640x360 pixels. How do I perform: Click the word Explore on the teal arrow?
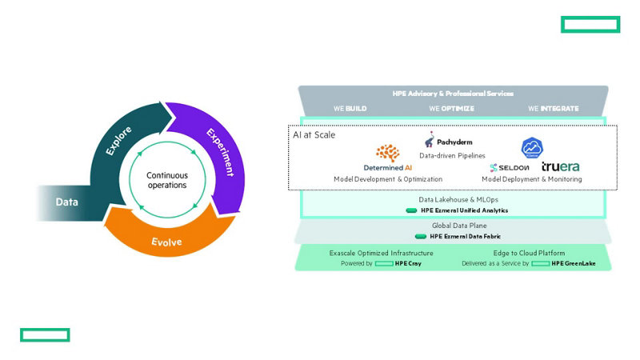click(x=119, y=140)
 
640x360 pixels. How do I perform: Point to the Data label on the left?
click(x=67, y=202)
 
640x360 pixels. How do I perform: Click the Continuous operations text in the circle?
click(x=166, y=180)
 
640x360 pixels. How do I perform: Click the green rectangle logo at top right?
click(x=590, y=24)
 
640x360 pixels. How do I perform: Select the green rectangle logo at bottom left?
click(x=45, y=334)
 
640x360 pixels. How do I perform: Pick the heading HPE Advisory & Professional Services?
click(x=453, y=94)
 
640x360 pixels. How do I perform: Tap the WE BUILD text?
click(x=350, y=108)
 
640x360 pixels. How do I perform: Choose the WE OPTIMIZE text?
click(x=451, y=108)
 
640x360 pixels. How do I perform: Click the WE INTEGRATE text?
click(x=553, y=108)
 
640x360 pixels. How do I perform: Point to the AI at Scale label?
click(x=314, y=134)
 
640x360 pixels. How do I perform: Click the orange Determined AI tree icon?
click(x=388, y=154)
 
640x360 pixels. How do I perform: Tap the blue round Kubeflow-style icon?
click(x=532, y=148)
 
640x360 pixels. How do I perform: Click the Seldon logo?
click(x=513, y=167)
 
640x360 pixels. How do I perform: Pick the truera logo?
click(x=560, y=166)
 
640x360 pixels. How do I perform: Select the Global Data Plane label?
click(x=453, y=226)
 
